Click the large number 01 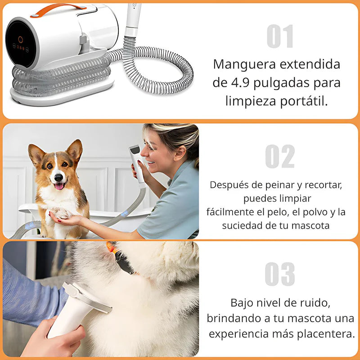click(x=280, y=36)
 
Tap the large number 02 click(x=280, y=156)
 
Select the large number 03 click(x=280, y=274)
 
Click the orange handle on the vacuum click(x=58, y=10)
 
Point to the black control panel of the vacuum click(x=21, y=44)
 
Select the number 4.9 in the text click(x=240, y=83)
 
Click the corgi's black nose click(x=58, y=177)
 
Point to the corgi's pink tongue click(x=59, y=186)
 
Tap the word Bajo click(x=242, y=303)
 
